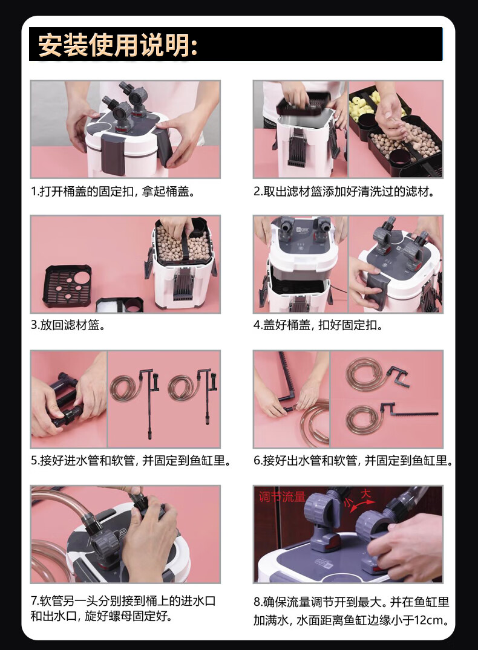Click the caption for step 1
[113, 192]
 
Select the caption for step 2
[344, 192]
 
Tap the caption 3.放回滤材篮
[68, 325]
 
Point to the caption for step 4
[318, 325]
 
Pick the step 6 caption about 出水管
[353, 461]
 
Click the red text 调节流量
[282, 496]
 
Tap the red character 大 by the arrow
[365, 494]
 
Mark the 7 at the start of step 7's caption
[34, 601]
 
